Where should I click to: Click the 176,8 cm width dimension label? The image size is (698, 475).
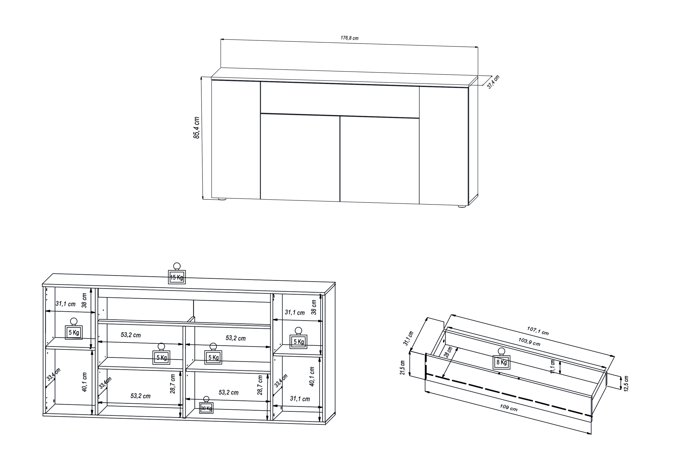[349, 38]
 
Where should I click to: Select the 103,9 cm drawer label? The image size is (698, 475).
[529, 342]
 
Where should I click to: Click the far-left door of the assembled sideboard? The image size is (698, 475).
[236, 140]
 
